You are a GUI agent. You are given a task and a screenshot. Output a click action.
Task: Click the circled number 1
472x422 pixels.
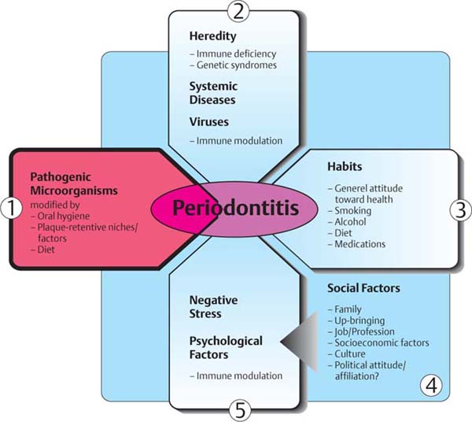tap(9, 209)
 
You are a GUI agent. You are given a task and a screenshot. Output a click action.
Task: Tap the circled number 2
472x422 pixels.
tap(237, 10)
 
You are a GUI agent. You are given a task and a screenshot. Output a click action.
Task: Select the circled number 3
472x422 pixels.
tap(459, 209)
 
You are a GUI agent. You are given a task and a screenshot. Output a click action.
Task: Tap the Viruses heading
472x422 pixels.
tap(209, 122)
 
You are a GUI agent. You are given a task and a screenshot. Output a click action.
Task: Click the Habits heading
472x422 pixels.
tap(344, 168)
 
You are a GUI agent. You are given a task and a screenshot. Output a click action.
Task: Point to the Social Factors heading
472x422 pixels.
tap(363, 288)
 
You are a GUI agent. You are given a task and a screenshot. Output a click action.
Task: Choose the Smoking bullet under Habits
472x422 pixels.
tap(351, 211)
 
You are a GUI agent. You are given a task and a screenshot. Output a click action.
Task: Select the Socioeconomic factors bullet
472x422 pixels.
tap(381, 343)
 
